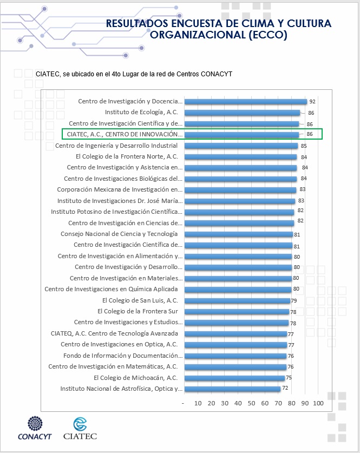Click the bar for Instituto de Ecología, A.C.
coord(242,113)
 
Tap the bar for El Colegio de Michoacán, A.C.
coord(234,378)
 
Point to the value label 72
coord(285,389)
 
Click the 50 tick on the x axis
coord(251,403)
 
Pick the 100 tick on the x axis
coord(318,403)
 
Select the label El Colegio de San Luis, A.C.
coord(140,300)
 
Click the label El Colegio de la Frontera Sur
coord(138,311)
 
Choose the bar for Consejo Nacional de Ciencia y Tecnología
coord(238,234)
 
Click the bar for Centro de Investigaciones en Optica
coord(235,345)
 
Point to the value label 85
coord(304,146)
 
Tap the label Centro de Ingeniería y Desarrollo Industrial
coord(116,146)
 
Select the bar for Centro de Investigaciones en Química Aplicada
coord(238,290)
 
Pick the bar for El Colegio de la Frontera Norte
coord(240,157)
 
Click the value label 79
coord(294,300)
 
